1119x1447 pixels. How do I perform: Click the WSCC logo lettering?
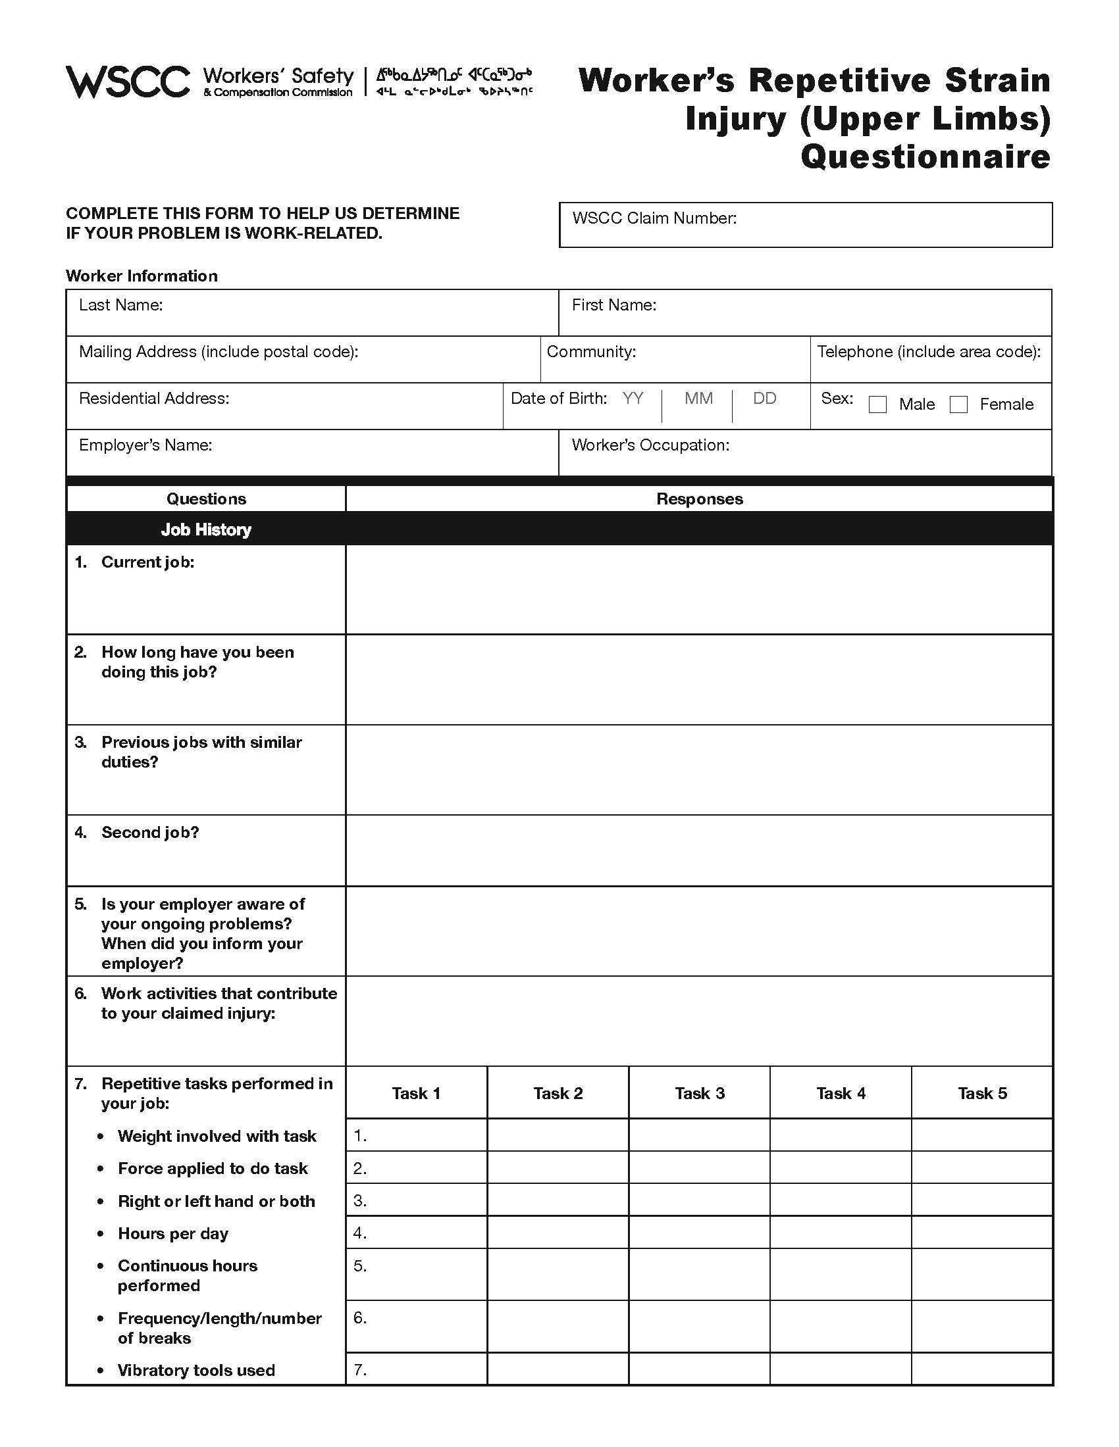click(127, 82)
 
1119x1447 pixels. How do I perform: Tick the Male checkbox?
click(877, 405)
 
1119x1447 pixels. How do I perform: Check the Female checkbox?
click(958, 405)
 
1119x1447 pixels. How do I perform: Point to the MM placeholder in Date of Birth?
click(698, 399)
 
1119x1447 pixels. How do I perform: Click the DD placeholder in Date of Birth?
click(764, 399)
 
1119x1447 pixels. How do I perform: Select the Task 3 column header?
click(699, 1094)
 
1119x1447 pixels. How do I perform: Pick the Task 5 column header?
click(982, 1094)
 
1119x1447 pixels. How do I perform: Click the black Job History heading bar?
click(559, 529)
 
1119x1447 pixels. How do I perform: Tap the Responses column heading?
click(698, 499)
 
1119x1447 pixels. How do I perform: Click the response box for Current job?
click(698, 590)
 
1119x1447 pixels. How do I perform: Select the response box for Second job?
click(698, 850)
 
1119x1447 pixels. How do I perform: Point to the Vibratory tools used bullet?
click(195, 1371)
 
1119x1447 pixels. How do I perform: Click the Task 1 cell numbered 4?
click(416, 1233)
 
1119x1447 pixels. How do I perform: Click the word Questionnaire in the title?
click(925, 158)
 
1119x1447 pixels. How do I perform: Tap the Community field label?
click(590, 352)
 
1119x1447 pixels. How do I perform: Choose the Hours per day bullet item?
click(172, 1234)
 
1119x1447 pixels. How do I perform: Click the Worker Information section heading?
click(142, 276)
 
